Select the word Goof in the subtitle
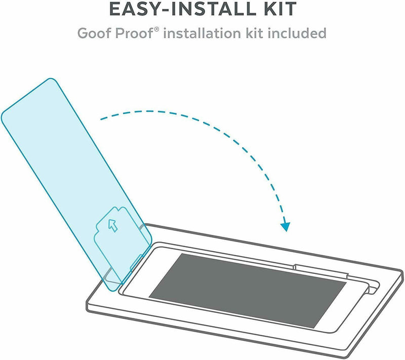(95, 33)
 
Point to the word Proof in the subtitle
(134, 33)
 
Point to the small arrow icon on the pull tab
(113, 225)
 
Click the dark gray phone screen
(248, 290)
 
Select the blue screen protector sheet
(76, 185)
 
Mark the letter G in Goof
(83, 33)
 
